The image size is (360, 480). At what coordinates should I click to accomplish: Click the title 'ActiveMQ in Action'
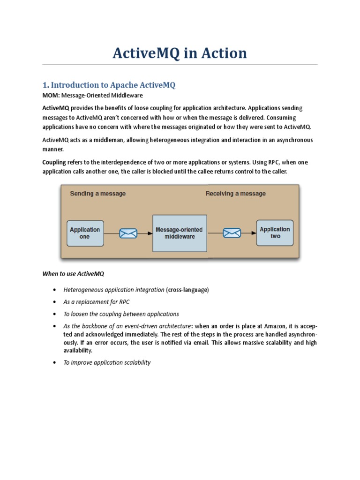tap(180, 53)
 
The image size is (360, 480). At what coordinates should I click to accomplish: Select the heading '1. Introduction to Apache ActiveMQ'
tap(109, 85)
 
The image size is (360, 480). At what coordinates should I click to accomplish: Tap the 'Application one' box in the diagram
tap(85, 233)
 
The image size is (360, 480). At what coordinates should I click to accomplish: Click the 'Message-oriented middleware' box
tap(179, 233)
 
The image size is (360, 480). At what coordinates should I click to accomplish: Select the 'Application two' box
tap(275, 232)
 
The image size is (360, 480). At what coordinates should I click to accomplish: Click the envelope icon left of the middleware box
tap(128, 233)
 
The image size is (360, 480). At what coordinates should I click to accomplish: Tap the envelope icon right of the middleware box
tap(232, 232)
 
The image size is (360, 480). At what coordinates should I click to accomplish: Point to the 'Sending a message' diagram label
tap(97, 193)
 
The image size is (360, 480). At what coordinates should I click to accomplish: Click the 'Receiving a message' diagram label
tap(235, 193)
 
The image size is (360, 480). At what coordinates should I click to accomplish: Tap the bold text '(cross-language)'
tap(187, 290)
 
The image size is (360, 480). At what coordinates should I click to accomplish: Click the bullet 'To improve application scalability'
tap(107, 362)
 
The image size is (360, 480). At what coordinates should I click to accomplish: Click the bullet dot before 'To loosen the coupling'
tap(55, 314)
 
